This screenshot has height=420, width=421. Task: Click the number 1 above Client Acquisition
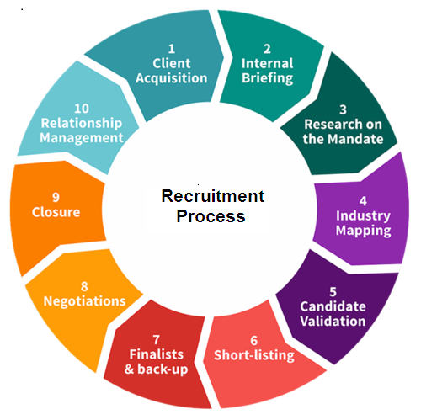click(x=172, y=49)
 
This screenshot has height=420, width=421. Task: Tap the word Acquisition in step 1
click(x=172, y=78)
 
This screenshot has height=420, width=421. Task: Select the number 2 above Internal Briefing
click(x=267, y=49)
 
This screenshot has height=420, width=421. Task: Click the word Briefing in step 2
click(x=268, y=78)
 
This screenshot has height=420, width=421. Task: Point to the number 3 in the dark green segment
click(x=343, y=109)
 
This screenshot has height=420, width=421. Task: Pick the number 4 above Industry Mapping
click(x=363, y=201)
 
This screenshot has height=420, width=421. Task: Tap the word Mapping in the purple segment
click(x=364, y=231)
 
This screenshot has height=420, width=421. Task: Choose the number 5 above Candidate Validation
click(x=333, y=292)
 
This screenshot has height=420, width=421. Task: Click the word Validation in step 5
click(x=333, y=321)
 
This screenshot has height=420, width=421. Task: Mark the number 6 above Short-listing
click(x=254, y=341)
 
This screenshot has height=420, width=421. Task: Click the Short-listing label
click(x=254, y=355)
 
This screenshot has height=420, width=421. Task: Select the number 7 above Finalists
click(x=157, y=340)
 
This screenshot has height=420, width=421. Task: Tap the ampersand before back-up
click(x=129, y=369)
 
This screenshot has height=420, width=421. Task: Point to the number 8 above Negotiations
click(x=84, y=286)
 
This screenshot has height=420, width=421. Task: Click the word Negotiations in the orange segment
click(x=84, y=301)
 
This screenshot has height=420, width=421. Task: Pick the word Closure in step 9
click(x=56, y=212)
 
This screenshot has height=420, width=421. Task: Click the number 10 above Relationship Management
click(x=82, y=109)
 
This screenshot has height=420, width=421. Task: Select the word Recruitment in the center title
click(x=213, y=196)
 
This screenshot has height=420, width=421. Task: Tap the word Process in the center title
click(x=210, y=216)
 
